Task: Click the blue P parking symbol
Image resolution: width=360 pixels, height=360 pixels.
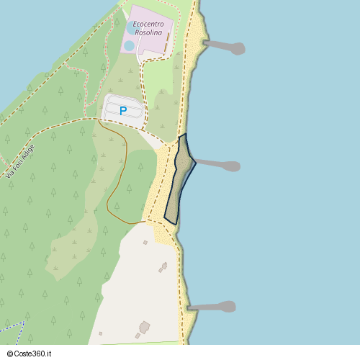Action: (x=122, y=111)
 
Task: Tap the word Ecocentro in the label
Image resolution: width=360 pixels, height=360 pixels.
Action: (x=149, y=24)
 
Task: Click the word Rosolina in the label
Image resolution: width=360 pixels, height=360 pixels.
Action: (x=149, y=33)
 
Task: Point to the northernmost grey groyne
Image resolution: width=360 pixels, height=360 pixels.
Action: (x=223, y=47)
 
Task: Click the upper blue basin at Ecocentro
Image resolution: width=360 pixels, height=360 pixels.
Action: (x=132, y=27)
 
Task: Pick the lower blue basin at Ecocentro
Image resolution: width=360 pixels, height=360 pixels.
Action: (x=129, y=46)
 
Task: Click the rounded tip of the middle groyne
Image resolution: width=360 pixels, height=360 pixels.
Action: (x=233, y=166)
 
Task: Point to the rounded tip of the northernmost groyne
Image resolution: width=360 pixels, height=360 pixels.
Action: (x=238, y=49)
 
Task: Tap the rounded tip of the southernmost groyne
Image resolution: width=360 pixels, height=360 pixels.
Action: (x=228, y=307)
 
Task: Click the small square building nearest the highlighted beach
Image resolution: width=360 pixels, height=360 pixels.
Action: (x=145, y=243)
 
